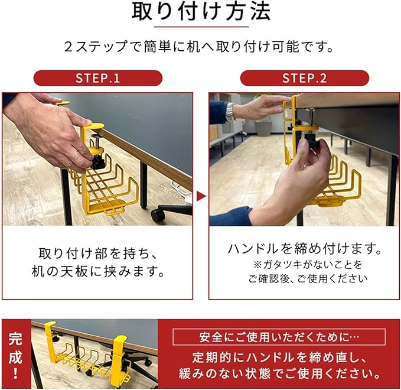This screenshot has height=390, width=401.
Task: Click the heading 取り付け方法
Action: [201, 12]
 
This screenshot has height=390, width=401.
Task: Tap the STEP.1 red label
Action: [98, 78]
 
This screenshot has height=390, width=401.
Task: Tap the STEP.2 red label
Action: [304, 78]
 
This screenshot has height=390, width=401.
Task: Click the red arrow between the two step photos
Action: [201, 197]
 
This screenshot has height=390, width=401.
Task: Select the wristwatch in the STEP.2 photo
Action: [230, 112]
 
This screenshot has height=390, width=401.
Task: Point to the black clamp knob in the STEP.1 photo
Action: [97, 162]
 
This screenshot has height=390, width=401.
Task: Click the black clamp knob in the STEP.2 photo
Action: [312, 144]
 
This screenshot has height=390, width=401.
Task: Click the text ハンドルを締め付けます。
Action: [304, 249]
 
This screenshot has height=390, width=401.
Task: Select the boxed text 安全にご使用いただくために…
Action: [279, 337]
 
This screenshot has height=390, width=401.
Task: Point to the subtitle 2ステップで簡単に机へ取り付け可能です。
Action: [199, 47]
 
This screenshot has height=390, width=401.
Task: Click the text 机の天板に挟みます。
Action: [98, 271]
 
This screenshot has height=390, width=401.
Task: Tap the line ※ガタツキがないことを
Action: [308, 265]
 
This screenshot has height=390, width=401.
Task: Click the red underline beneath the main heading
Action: [201, 27]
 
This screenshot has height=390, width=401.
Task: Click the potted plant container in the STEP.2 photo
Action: [263, 128]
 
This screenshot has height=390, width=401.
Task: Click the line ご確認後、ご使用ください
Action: [308, 279]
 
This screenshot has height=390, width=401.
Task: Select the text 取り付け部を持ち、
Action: [98, 253]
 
